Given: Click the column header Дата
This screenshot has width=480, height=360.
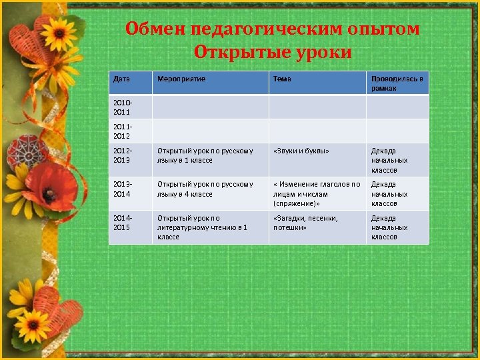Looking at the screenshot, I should [x=121, y=79].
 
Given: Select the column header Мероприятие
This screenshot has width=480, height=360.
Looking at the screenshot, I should [x=181, y=79].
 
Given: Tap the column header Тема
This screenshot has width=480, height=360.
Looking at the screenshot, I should [x=282, y=79].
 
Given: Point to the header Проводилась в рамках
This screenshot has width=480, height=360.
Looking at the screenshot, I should [x=397, y=83].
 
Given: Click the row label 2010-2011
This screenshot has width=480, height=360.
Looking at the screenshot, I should [x=123, y=108].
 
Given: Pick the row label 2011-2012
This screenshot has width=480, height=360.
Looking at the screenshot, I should [x=123, y=131].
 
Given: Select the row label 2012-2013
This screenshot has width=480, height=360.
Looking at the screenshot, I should [x=123, y=155].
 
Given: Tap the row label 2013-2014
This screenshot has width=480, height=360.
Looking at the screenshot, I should [x=123, y=189].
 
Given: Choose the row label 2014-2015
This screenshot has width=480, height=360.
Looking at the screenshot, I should [x=123, y=223].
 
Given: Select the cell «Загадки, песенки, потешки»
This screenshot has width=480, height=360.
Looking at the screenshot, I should [x=305, y=223].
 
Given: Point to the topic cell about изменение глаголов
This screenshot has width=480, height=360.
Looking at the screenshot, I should [x=317, y=193].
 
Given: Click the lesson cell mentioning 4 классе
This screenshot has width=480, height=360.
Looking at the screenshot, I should [x=205, y=189].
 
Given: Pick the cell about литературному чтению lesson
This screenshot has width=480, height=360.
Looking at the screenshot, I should [x=202, y=227].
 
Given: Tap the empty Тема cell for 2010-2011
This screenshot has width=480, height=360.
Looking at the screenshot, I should [x=317, y=107].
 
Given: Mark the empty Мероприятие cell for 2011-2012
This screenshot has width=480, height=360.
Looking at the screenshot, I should [x=210, y=131].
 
